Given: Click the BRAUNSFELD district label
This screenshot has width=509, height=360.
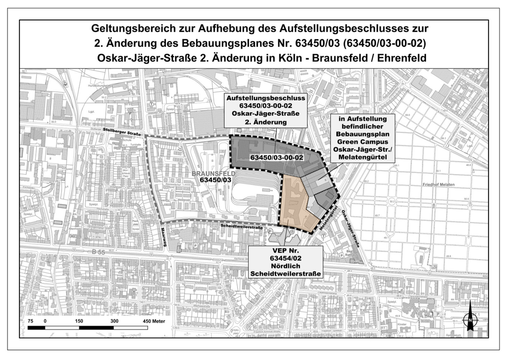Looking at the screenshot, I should [x=209, y=174].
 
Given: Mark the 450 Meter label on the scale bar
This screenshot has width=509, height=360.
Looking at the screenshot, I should [x=154, y=321].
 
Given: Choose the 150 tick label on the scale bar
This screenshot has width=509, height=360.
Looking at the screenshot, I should [x=79, y=321].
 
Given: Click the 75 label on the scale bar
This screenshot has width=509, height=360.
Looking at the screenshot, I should [x=30, y=321].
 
